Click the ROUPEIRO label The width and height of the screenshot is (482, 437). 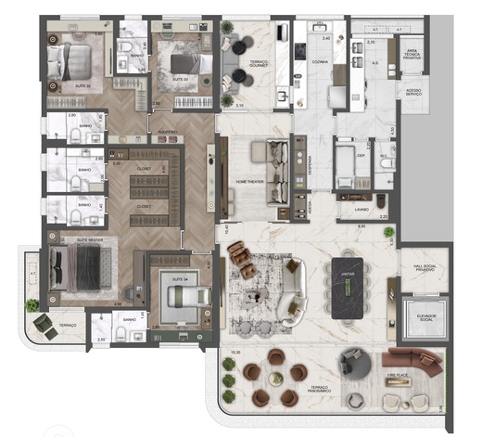[168, 134]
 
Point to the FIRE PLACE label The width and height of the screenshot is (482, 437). [398, 376]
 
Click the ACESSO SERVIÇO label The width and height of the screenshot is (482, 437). [409, 92]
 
